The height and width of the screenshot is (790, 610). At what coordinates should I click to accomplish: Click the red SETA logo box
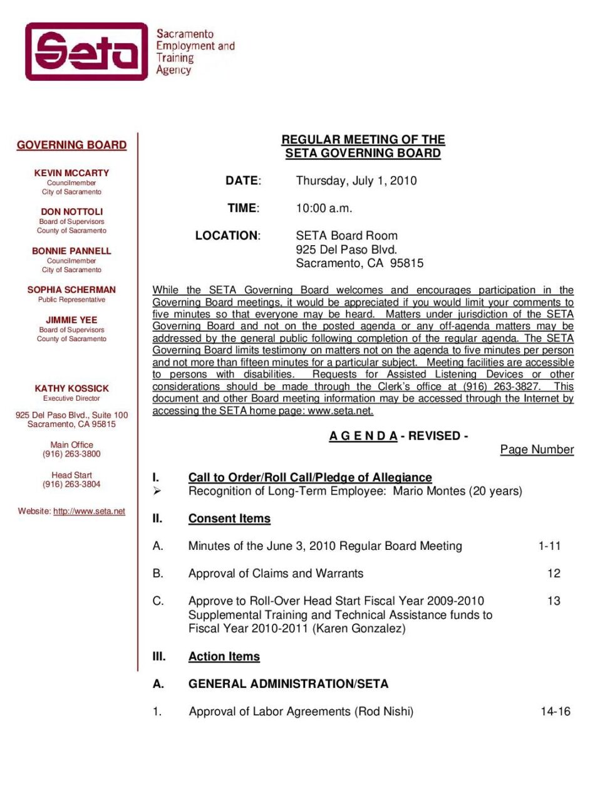86,51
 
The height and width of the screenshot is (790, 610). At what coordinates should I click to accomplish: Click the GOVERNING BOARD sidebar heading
71,145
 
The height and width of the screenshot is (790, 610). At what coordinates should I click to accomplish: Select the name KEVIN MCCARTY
71,173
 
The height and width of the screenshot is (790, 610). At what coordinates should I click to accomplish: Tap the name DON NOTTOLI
71,212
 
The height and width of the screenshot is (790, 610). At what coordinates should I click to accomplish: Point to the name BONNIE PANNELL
71,251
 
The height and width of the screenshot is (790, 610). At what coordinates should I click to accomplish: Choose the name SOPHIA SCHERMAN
71,290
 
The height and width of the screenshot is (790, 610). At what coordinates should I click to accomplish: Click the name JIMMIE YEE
71,320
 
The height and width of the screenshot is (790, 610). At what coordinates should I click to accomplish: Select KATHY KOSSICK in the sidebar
71,389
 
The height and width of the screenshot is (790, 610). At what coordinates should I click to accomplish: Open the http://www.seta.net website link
89,512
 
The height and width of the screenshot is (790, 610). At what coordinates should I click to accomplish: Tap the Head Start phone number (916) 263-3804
71,485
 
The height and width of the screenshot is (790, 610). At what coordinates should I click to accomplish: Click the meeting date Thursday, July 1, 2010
356,181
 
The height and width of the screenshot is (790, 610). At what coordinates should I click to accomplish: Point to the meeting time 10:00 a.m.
324,208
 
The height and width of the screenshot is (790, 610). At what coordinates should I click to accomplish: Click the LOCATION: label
227,236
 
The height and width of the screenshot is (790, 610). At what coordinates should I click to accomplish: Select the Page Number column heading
537,450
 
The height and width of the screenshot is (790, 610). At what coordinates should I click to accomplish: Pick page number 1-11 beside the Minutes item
549,546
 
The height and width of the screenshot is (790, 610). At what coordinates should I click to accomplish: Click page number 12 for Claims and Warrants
554,574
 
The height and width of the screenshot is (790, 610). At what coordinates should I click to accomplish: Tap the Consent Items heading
229,519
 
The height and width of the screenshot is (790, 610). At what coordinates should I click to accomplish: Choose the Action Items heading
224,656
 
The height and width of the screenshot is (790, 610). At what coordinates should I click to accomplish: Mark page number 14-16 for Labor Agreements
556,712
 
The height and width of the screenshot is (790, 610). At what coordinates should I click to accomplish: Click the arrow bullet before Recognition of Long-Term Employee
157,491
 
